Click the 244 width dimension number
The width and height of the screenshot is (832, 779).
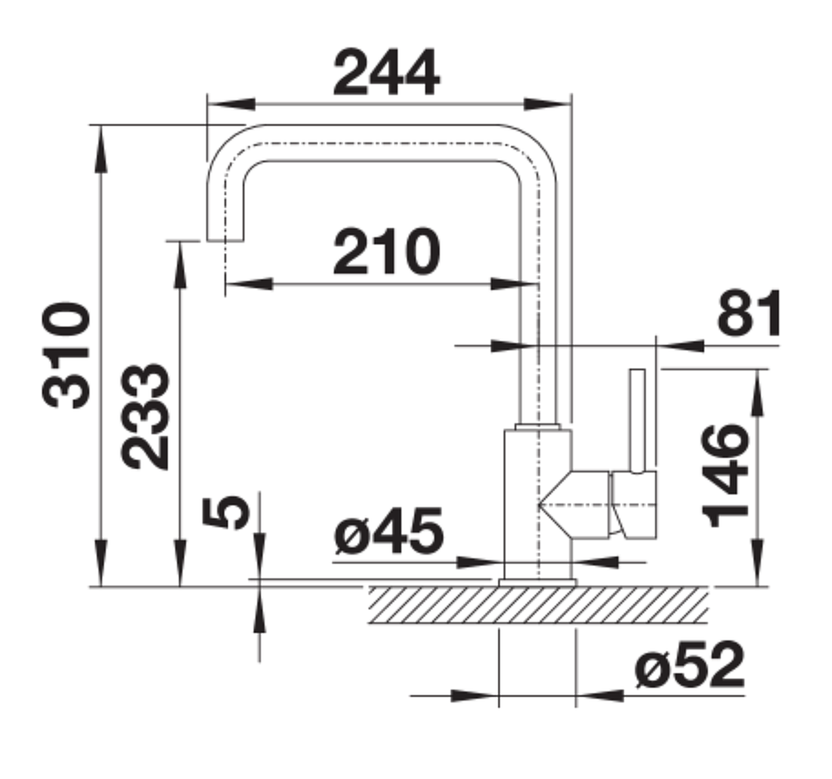386,73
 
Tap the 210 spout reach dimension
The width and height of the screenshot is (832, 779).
386,252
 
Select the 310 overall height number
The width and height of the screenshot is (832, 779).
66,355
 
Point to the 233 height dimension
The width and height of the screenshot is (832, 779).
145,417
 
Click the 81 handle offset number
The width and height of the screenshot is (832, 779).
749,313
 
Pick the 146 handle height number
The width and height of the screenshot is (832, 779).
725,475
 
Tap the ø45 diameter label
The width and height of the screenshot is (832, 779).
389,530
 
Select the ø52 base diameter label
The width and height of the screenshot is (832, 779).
690,664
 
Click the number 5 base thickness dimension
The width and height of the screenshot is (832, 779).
225,513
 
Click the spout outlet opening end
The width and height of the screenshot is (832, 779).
225,241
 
